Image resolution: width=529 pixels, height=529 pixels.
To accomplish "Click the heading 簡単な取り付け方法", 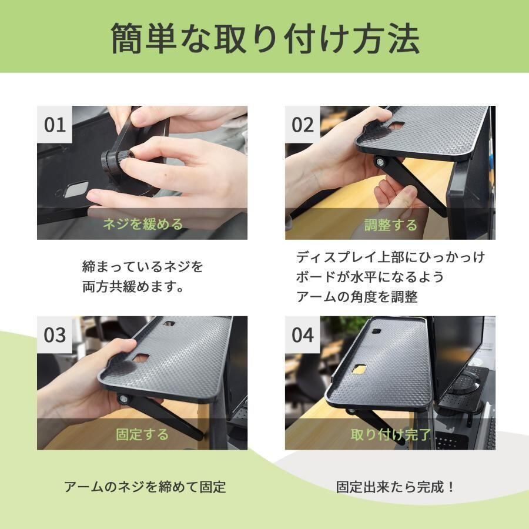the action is (x=265, y=38).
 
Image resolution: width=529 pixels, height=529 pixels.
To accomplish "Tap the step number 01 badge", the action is (x=55, y=124).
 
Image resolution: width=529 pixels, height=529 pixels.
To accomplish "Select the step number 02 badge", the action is (x=302, y=124).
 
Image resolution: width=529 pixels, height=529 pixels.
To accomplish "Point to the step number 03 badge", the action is (x=55, y=334).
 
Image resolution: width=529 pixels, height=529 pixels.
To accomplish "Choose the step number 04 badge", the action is (x=302, y=334).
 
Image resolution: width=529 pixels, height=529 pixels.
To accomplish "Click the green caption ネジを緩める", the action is (x=143, y=224).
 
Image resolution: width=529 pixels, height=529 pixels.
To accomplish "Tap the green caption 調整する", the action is (x=391, y=225).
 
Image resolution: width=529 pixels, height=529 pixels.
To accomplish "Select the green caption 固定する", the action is (x=142, y=434).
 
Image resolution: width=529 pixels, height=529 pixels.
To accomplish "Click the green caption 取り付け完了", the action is (x=391, y=434).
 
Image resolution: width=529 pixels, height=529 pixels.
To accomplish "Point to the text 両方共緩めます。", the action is (x=133, y=287).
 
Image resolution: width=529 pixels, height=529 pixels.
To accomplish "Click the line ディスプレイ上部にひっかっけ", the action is (x=390, y=257).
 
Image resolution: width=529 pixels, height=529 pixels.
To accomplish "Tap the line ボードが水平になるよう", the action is (x=370, y=277).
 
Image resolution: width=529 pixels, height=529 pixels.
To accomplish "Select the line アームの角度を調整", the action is (x=357, y=297).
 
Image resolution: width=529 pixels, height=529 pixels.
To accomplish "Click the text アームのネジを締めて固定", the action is (x=145, y=487).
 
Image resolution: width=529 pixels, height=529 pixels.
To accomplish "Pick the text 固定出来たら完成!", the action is (x=395, y=487).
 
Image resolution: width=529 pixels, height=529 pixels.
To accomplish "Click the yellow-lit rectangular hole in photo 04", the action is (x=359, y=369).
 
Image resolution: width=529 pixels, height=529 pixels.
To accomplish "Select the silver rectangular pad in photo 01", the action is (x=76, y=190).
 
